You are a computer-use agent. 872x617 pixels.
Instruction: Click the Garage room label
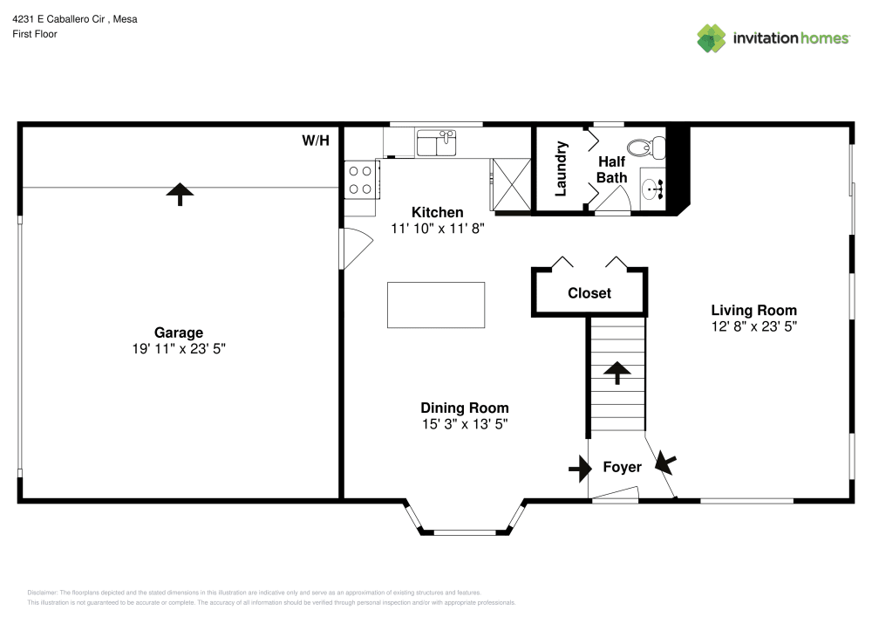pos(179,332)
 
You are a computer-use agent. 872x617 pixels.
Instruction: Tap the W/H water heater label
pos(316,141)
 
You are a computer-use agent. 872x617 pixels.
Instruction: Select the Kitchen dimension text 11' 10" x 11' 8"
pos(438,228)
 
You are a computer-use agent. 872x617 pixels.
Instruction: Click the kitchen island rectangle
pos(436,305)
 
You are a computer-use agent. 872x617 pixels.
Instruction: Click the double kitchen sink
pos(437,142)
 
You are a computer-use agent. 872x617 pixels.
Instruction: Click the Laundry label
pos(562,168)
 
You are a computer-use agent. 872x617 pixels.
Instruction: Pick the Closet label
pos(589,293)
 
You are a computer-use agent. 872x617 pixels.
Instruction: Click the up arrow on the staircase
pos(617,373)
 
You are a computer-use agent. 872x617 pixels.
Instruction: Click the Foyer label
pos(622,467)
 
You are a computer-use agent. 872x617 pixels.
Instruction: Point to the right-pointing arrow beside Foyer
pos(579,470)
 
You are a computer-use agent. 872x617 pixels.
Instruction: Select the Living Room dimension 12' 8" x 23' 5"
pos(754,326)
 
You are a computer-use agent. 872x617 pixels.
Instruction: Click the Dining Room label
pos(464,408)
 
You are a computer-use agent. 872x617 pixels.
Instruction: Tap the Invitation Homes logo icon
pos(711,38)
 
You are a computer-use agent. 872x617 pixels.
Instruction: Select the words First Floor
pos(35,34)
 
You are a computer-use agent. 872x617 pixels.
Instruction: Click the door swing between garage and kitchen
pos(353,248)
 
